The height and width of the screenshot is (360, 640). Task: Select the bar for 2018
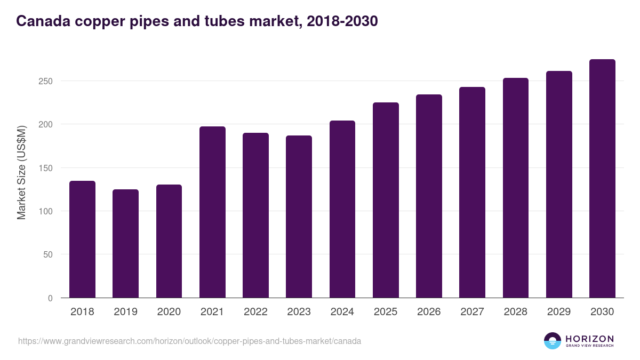82,239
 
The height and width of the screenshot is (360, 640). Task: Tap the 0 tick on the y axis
50,298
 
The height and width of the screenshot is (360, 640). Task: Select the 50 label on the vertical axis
48,255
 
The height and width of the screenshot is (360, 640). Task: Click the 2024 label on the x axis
342,312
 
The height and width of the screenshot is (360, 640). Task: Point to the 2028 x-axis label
515,312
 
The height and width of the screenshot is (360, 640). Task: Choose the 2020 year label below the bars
169,312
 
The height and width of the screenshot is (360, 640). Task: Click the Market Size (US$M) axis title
21,172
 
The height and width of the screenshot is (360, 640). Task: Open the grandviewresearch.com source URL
189,341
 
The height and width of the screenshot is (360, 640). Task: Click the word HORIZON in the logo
589,339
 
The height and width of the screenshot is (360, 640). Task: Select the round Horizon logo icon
553,341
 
